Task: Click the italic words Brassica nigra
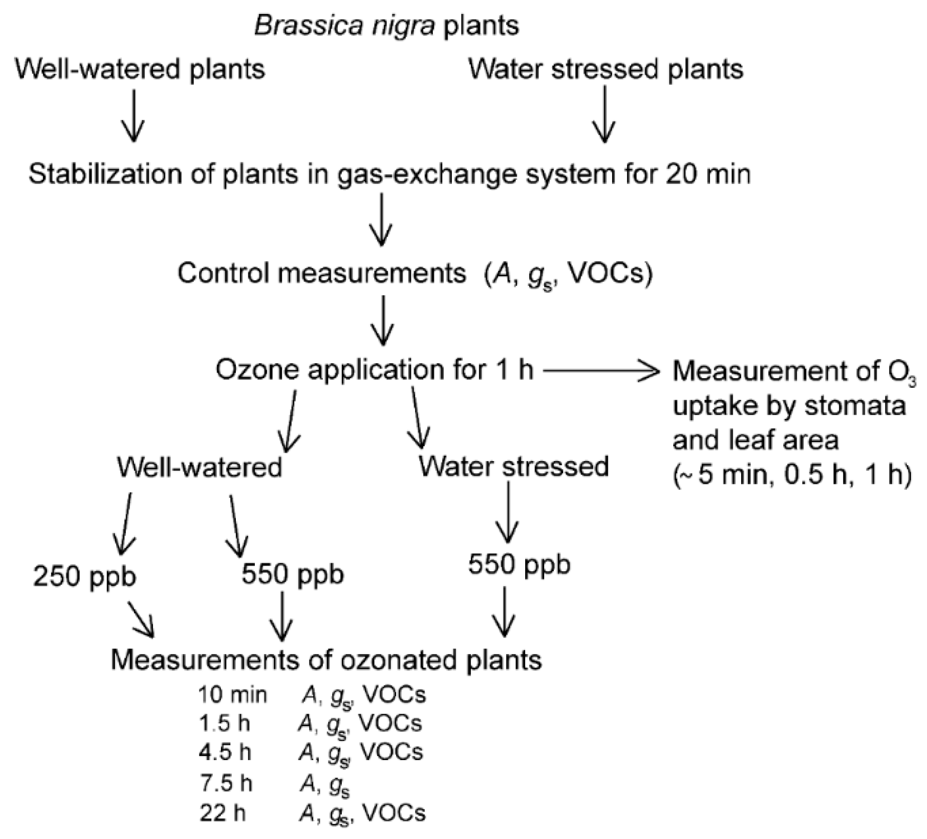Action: click(x=344, y=25)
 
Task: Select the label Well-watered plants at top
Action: click(x=140, y=69)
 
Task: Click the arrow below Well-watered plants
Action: click(x=133, y=116)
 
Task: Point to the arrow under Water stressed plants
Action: click(x=604, y=115)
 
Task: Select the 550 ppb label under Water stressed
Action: click(x=519, y=565)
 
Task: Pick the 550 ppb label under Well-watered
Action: click(x=293, y=575)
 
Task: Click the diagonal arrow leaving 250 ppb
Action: click(x=141, y=620)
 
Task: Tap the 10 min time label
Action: click(x=232, y=695)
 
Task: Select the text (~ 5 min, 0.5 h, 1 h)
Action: click(x=792, y=475)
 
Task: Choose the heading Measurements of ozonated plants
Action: click(x=326, y=660)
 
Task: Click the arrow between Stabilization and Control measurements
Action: click(x=382, y=220)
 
